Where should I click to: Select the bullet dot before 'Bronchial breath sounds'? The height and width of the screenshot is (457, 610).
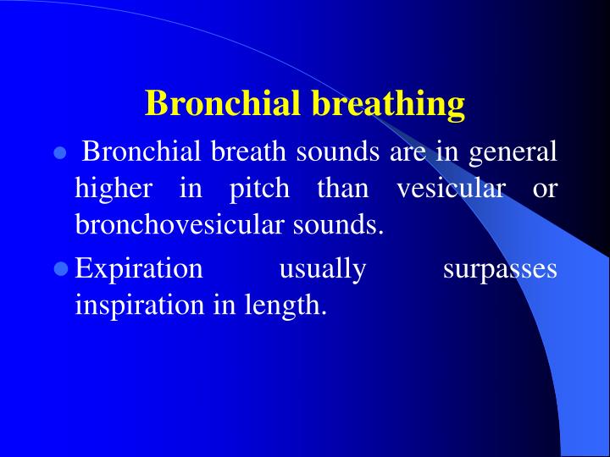click(59, 154)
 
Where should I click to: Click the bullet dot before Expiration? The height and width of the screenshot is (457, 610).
click(59, 269)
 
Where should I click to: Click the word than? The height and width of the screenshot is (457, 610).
click(342, 190)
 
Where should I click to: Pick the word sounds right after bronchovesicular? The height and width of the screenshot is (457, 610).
click(343, 225)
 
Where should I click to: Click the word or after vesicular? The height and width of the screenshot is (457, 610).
click(545, 190)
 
